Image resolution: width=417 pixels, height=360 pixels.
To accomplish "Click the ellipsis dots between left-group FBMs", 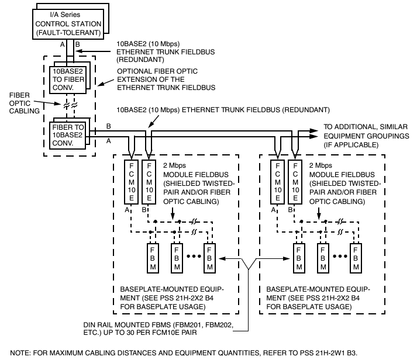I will click(191, 256).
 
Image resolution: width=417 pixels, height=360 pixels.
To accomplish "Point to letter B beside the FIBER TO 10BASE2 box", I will click(108, 126).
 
